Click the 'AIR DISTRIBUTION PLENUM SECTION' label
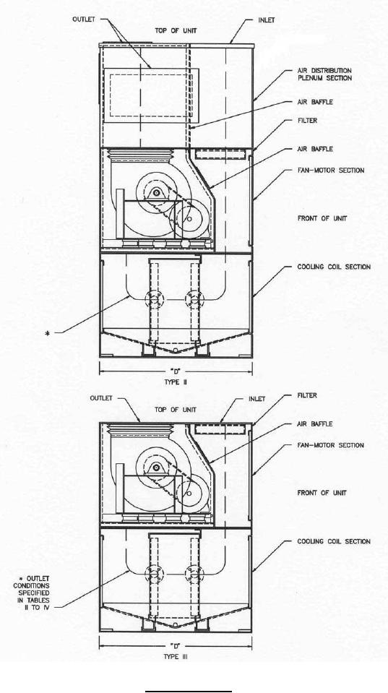click(x=325, y=74)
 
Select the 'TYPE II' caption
click(x=176, y=382)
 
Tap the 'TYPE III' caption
click(x=176, y=657)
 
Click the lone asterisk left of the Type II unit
click(x=48, y=334)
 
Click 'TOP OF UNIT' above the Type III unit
click(x=176, y=410)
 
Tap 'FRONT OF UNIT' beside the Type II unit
click(x=322, y=218)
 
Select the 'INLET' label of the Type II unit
click(x=266, y=20)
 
